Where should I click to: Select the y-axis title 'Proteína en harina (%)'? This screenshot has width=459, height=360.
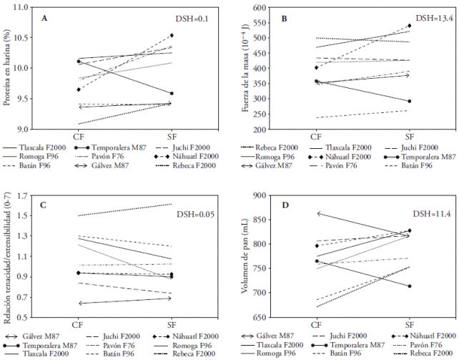[8, 69]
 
